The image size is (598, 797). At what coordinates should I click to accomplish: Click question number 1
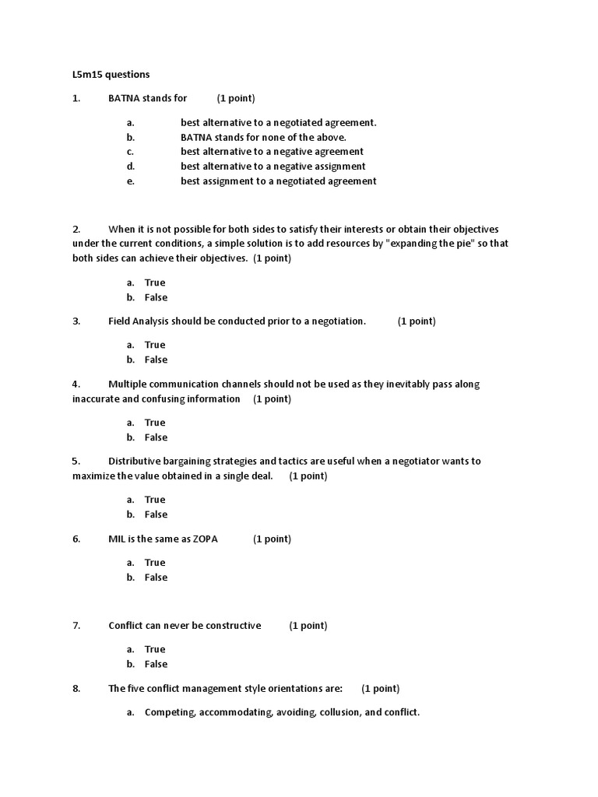(x=76, y=98)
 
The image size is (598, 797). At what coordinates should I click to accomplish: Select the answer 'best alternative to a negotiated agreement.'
(x=278, y=122)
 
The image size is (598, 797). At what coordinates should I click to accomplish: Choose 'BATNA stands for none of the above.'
(x=263, y=137)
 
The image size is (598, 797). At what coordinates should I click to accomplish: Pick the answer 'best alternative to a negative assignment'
(x=273, y=166)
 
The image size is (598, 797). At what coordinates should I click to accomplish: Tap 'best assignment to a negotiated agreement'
(x=278, y=181)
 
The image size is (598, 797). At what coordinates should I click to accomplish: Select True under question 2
(x=155, y=283)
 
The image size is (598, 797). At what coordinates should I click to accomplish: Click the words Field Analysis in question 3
(x=139, y=321)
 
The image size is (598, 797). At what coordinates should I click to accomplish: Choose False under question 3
(x=156, y=360)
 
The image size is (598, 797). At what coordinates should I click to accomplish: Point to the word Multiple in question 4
(x=128, y=384)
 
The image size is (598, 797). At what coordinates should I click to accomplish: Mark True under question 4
(x=155, y=423)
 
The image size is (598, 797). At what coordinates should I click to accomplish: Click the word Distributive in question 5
(x=136, y=461)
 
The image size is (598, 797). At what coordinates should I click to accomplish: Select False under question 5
(x=156, y=514)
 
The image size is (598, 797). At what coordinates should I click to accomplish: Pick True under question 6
(x=155, y=562)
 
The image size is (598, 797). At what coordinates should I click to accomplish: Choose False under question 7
(x=156, y=664)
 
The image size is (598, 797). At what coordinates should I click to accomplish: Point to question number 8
(x=76, y=688)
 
